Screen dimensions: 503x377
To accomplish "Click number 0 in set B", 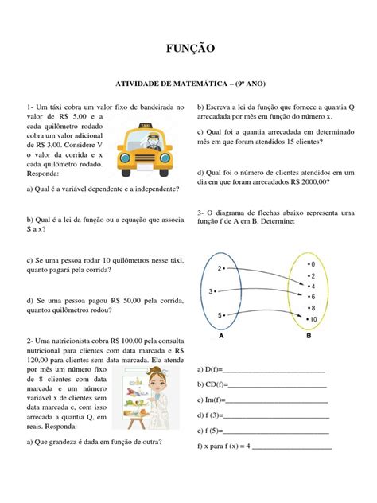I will click(x=313, y=263).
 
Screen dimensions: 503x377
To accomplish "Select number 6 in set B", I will click(x=313, y=296).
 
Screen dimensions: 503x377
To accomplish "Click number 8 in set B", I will click(x=313, y=307).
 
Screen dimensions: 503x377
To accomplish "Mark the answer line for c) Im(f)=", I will click(x=277, y=400).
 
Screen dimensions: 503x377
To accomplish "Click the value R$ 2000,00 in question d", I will click(x=305, y=181).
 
